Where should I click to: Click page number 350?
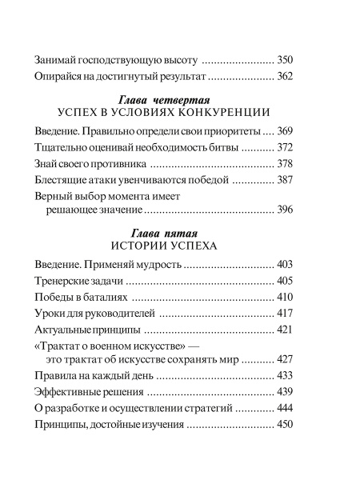(286, 60)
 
